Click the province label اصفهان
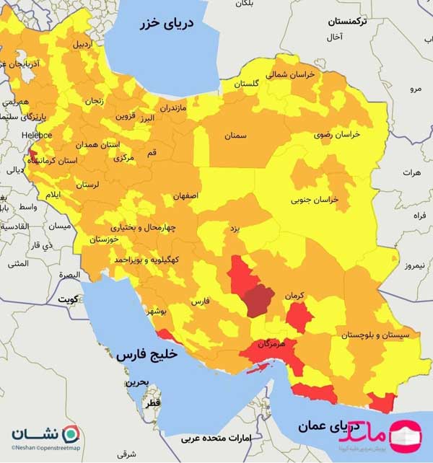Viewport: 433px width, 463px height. coord(185,195)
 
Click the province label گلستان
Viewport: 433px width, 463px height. coord(247,84)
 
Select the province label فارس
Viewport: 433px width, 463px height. coord(201,304)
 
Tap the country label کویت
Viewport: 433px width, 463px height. coord(67,298)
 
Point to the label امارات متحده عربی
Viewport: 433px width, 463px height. coord(213,438)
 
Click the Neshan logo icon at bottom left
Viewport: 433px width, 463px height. coord(71,434)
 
